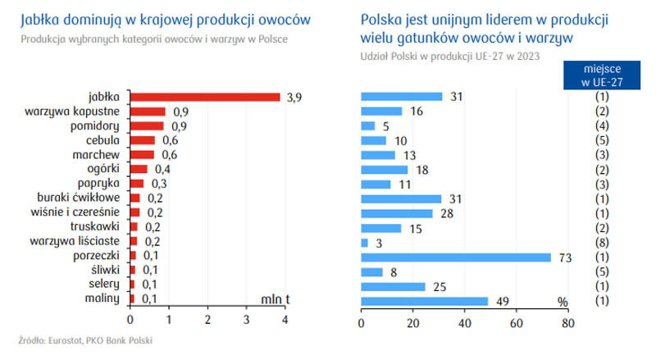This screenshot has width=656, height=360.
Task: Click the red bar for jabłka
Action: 205,97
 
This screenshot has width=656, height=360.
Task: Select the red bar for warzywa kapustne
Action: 148,112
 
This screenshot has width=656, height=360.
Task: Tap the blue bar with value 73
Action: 456,257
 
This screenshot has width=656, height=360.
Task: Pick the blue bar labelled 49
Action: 425,301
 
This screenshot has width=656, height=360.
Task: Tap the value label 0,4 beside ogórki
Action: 162,169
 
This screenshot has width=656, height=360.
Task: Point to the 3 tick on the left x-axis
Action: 247,320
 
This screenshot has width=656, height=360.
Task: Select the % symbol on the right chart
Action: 563,302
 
